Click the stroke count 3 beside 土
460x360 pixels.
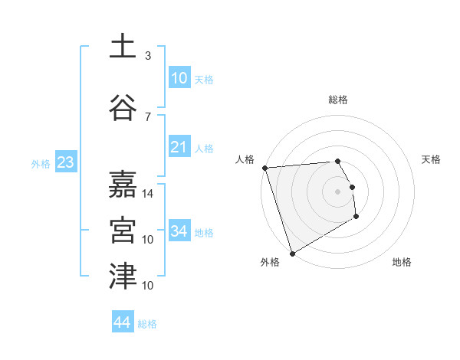tap(148, 56)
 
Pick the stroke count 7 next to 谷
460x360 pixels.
tap(148, 116)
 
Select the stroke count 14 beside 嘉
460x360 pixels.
tap(149, 194)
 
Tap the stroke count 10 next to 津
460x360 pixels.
tap(149, 286)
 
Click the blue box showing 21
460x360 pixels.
tap(179, 147)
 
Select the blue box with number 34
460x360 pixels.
tap(179, 231)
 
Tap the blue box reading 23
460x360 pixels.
tap(65, 162)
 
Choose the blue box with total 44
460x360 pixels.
tap(122, 322)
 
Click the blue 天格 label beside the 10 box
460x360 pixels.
tap(204, 80)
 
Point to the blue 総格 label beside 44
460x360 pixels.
tap(147, 324)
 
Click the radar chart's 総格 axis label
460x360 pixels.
tap(337, 100)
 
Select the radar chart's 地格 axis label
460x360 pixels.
tap(402, 262)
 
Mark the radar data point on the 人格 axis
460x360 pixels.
tap(264, 168)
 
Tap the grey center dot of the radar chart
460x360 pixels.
tap(337, 191)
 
